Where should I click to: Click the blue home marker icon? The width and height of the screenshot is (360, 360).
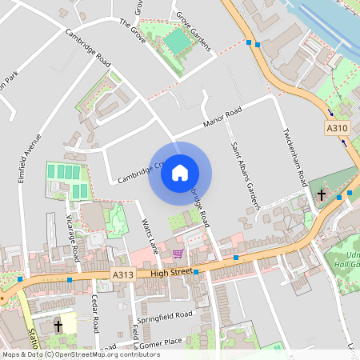180,172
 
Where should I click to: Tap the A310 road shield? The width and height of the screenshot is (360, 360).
338,128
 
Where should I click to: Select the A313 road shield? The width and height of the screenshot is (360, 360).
122,274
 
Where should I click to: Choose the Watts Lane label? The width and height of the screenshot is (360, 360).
146,232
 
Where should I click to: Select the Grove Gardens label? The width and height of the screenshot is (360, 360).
193,31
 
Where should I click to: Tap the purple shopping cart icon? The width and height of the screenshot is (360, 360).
178,254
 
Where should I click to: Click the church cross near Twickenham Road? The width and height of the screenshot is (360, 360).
322,194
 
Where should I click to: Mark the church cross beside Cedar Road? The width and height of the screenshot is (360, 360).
58,326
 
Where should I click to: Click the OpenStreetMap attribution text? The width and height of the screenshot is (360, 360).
81,354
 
